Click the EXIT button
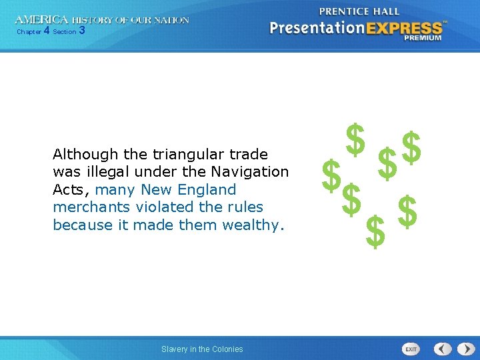tap(411, 349)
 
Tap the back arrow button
tap(443, 349)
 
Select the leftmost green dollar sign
tap(329, 174)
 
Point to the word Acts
tap(69, 190)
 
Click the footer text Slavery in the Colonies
tap(202, 349)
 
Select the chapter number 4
tap(46, 31)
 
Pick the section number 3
tap(81, 31)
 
